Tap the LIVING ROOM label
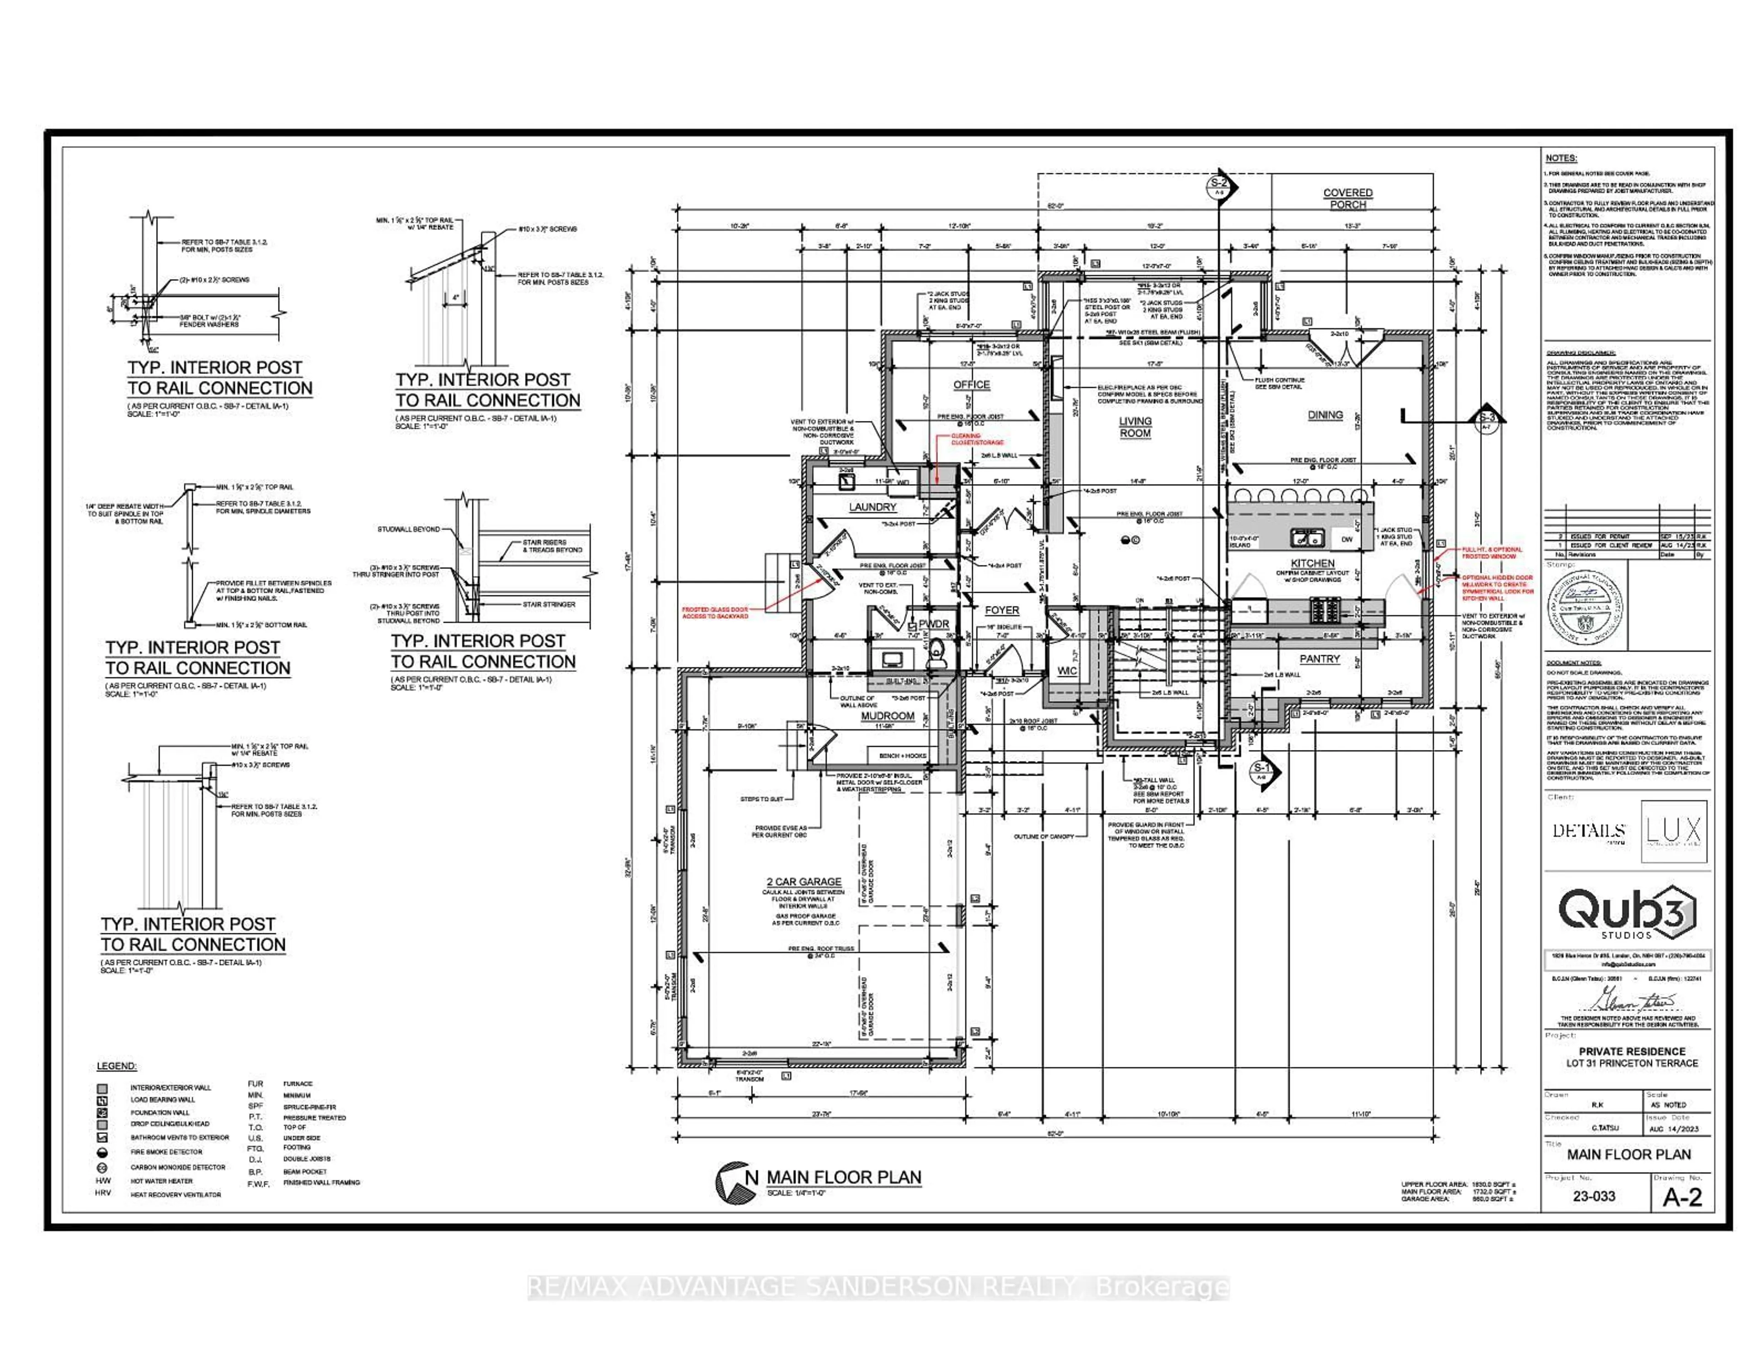1135,427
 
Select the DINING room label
1324,415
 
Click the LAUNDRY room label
872,507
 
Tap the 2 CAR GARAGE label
803,881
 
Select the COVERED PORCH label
1348,198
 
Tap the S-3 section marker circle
1487,418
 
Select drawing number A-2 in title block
1682,1198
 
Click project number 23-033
1594,1196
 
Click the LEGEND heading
117,1066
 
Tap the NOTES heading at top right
1561,158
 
